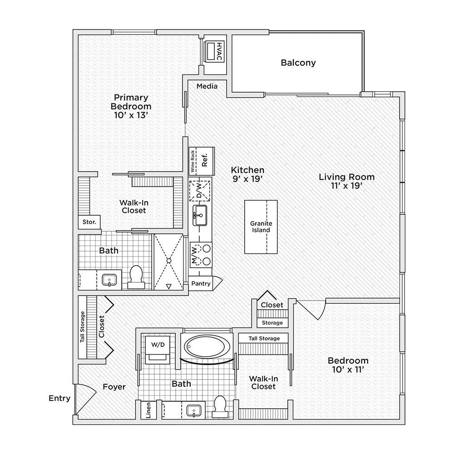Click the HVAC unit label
coord(219,52)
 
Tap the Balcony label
coord(298,63)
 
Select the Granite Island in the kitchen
coord(261,227)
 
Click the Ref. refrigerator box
coord(205,160)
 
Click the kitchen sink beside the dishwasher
coord(200,215)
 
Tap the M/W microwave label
coord(193,255)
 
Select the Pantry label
coord(201,284)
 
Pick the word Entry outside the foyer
coord(59,399)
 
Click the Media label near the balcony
coord(207,86)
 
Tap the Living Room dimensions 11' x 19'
coord(346,186)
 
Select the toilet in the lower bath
coord(220,406)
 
